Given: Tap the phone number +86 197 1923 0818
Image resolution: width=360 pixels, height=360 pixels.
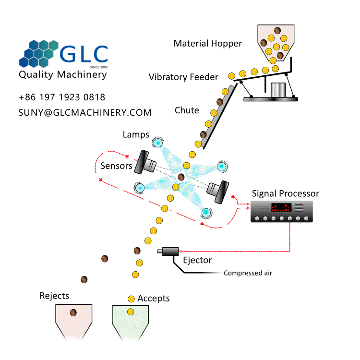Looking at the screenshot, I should coord(62,97).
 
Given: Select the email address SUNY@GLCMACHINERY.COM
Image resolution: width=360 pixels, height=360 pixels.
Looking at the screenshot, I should coord(85,112).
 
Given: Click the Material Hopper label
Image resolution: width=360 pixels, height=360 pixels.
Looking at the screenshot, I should coord(208,44).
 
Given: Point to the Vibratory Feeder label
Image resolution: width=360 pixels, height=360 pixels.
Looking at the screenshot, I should coord(183,77).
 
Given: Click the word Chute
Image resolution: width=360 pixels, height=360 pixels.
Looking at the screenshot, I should coord(187,110).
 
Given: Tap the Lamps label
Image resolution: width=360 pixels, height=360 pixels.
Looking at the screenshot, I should coord(136,135).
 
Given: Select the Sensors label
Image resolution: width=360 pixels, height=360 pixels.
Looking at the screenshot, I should coord(116,166).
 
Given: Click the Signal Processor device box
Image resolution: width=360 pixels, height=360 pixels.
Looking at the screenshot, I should coord(282,211).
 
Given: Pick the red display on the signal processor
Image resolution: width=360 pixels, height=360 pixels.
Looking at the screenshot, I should coord(281,208).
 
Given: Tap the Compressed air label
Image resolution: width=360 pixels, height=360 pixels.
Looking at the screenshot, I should coord(248,273).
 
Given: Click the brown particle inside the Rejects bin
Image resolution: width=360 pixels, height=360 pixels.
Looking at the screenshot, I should coord(73,312).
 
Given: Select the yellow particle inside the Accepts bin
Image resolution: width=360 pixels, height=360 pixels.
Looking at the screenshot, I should coord(130,312).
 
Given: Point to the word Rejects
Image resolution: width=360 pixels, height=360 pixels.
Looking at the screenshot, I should coord(54,296).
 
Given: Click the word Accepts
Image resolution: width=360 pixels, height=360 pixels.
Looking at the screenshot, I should coord(154,298).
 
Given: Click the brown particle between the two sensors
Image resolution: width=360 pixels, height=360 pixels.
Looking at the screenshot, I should coord(181,178).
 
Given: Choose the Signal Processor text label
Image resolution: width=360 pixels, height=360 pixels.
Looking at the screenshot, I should coord(285,193).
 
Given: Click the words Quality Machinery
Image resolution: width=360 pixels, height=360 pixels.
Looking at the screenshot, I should coord(62,75).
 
